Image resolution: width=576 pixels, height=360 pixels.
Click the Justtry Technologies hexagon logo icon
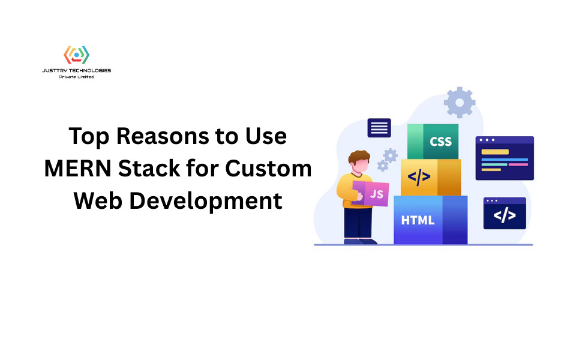click(x=76, y=55)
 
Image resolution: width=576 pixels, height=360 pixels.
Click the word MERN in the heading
click(x=77, y=169)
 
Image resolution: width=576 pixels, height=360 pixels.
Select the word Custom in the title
click(x=268, y=169)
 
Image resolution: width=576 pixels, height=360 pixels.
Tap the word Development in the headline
click(x=206, y=201)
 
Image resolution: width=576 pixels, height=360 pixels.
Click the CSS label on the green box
click(x=440, y=142)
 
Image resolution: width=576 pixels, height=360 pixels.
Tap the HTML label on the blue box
click(x=418, y=220)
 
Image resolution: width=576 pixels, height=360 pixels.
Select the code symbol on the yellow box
click(x=419, y=177)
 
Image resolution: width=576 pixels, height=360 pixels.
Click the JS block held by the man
click(x=370, y=193)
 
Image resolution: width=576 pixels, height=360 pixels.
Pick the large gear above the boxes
click(x=460, y=103)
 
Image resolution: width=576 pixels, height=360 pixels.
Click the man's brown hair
click(x=359, y=157)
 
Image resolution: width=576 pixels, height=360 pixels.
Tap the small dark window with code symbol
click(x=505, y=213)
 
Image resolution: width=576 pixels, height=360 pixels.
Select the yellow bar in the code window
click(x=495, y=152)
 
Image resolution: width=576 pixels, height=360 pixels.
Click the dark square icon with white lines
click(x=379, y=128)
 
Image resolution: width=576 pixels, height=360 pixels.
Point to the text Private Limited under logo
click(x=76, y=77)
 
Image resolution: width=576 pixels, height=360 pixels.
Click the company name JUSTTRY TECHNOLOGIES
click(x=76, y=70)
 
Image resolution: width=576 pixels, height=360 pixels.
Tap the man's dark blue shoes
click(x=360, y=241)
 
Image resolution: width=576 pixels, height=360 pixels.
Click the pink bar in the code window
click(x=518, y=164)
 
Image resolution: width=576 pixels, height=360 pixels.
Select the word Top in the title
click(x=89, y=137)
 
